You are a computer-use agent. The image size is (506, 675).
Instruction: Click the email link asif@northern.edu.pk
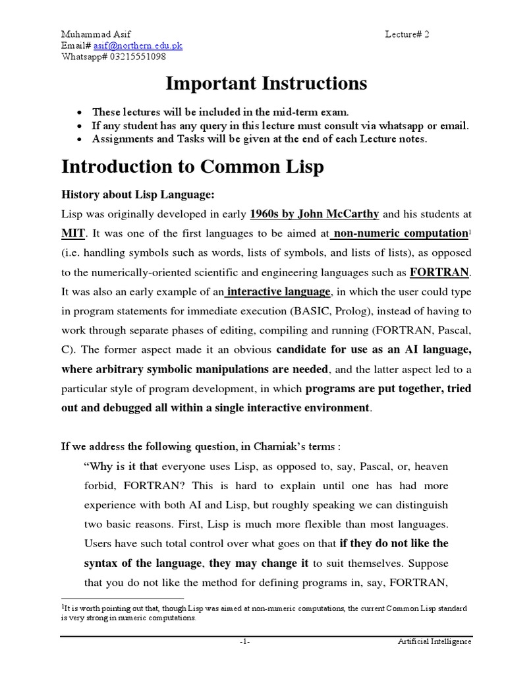tap(138, 45)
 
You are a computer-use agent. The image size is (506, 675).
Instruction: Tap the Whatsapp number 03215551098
tap(135, 57)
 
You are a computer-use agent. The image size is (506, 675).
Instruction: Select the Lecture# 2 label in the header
tap(407, 34)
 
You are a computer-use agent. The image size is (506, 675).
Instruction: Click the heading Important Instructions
tap(266, 84)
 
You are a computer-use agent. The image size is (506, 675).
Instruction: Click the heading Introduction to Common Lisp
tap(192, 167)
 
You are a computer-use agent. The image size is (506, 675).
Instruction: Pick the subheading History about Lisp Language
tap(138, 195)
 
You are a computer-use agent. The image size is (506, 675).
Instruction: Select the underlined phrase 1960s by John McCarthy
tap(314, 214)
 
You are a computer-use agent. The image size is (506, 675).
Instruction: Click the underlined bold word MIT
tap(74, 233)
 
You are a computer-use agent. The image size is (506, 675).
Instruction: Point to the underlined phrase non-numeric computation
tap(401, 233)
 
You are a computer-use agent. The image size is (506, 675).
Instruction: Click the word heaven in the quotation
tap(427, 467)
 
